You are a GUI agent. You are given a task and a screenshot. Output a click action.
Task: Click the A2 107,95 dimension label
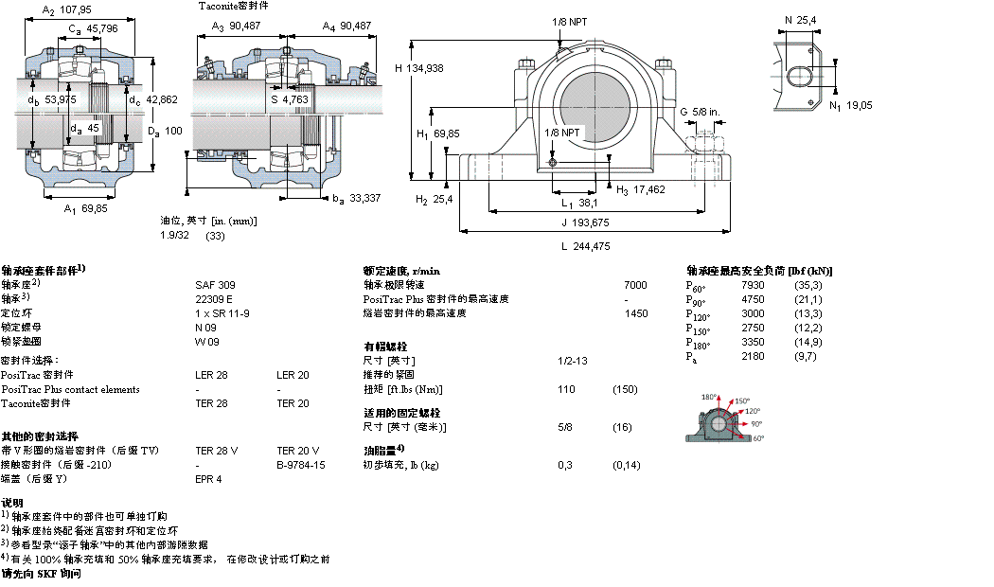click(63, 11)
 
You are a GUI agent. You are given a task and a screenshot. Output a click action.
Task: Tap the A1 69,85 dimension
click(83, 207)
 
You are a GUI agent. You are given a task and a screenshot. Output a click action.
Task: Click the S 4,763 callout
click(289, 98)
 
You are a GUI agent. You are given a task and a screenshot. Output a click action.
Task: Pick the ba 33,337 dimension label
click(355, 198)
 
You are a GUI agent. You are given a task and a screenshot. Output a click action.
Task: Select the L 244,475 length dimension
click(584, 246)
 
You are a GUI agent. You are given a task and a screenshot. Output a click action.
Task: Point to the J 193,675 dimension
click(583, 222)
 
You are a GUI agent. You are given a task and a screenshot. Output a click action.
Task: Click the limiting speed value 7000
click(635, 284)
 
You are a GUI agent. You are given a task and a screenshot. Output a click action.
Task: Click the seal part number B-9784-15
click(301, 465)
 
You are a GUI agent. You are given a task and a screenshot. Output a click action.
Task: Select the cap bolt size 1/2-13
click(572, 361)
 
